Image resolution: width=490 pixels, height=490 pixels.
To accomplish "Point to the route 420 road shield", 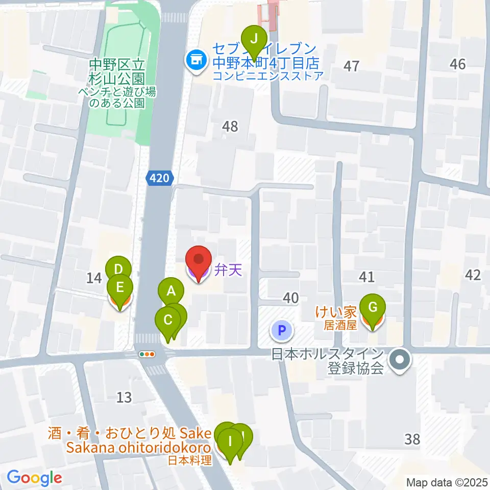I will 160,178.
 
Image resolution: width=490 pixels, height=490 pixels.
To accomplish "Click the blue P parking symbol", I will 281,331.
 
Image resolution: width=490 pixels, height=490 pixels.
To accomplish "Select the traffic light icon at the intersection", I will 147,353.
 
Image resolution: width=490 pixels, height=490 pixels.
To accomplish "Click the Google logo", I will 34,478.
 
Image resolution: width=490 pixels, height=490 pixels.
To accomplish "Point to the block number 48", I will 230,126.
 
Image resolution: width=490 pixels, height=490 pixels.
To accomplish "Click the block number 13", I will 124,397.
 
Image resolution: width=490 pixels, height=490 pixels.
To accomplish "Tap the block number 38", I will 412,438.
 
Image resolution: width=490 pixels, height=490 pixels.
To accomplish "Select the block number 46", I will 458,64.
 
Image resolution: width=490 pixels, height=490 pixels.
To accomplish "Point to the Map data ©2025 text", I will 447,482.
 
